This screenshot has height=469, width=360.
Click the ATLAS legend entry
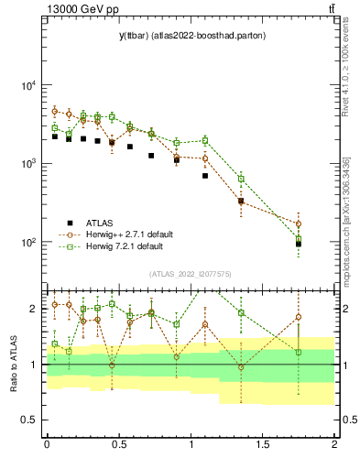click(101, 223)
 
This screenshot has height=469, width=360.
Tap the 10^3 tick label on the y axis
click(27, 164)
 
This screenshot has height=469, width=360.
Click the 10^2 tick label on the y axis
click(27, 243)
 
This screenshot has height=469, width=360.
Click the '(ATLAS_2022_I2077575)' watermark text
click(190, 274)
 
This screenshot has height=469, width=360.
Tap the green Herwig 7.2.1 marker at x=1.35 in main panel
click(241, 179)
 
